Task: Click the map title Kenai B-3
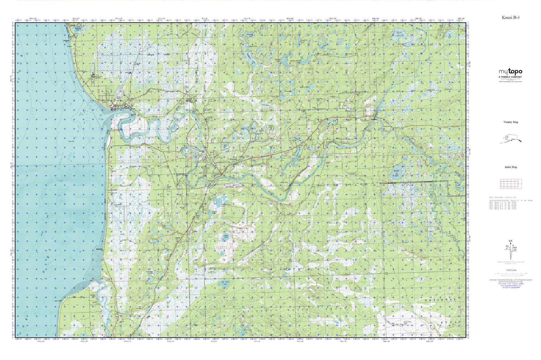click(510, 17)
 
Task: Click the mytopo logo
click(510, 72)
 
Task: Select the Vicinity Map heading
click(510, 122)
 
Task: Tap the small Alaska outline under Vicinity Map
click(510, 139)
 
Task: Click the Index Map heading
click(510, 167)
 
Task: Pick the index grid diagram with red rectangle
click(510, 184)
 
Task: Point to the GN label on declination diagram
click(510, 241)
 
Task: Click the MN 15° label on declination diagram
click(515, 249)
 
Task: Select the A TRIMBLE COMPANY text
click(510, 77)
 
